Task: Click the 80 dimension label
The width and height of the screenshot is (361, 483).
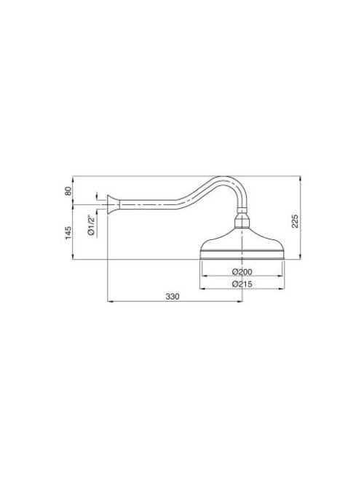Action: click(x=68, y=191)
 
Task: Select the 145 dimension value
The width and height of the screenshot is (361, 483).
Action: click(x=68, y=233)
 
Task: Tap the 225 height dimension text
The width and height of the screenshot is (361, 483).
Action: click(x=295, y=221)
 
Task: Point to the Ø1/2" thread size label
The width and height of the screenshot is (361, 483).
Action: click(x=91, y=225)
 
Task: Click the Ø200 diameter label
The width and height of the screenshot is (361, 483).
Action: click(x=242, y=272)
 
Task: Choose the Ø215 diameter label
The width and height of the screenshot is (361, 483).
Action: click(x=242, y=284)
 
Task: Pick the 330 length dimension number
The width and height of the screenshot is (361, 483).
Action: click(x=172, y=297)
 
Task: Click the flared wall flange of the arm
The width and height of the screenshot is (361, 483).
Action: click(x=113, y=204)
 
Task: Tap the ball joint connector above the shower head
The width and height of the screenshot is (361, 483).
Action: click(x=242, y=220)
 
